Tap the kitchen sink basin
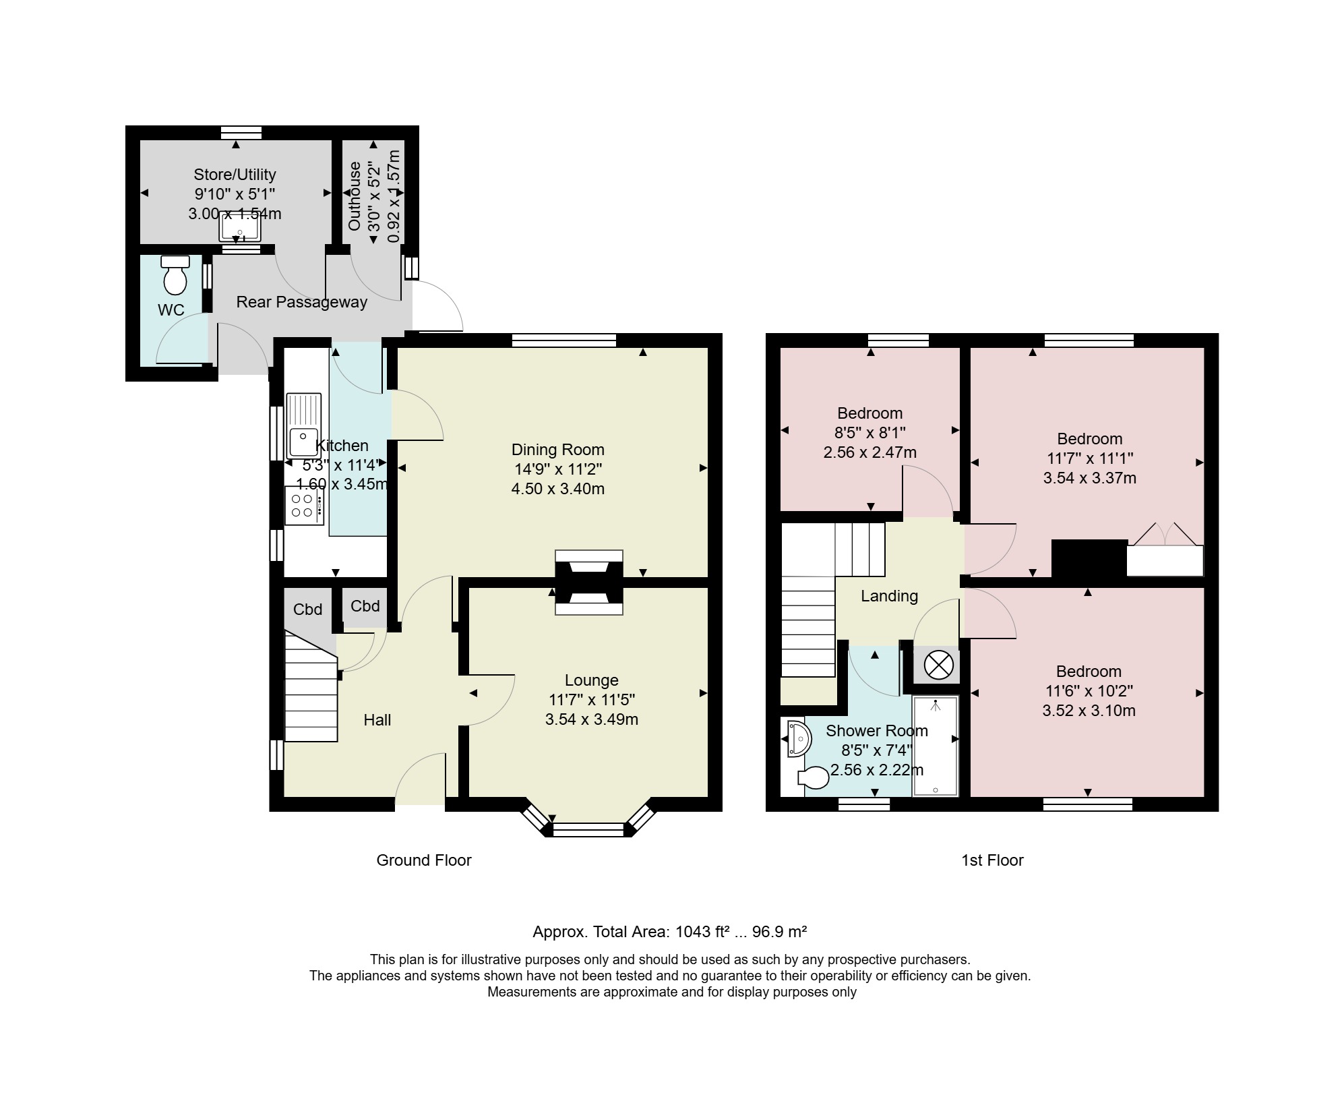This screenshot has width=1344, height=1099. coord(303,442)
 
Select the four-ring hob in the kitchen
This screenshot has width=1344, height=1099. coord(304,505)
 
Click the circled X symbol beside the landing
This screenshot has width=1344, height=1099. coord(939,665)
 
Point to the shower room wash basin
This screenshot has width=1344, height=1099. coord(799,738)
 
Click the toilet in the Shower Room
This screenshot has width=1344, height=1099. coord(813,778)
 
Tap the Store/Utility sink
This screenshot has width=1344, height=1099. coord(239,227)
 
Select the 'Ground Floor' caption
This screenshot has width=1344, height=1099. coord(424,860)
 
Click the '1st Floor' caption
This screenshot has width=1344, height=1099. coord(992,860)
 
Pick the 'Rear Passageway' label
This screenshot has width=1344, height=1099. coord(301,302)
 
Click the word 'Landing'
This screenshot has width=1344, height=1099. coord(889,596)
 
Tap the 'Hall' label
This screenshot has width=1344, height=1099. coord(377,720)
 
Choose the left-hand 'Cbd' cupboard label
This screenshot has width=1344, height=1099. coord(307,610)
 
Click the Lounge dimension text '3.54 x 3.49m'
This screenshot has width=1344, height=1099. coord(592,719)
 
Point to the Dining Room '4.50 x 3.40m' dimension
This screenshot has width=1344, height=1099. coord(558,489)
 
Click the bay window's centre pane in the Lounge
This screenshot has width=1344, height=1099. coord(588,829)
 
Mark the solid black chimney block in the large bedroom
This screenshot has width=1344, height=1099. coord(1089,558)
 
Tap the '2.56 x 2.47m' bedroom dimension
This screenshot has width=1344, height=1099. coord(870,452)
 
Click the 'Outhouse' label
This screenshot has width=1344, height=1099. coord(355,196)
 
